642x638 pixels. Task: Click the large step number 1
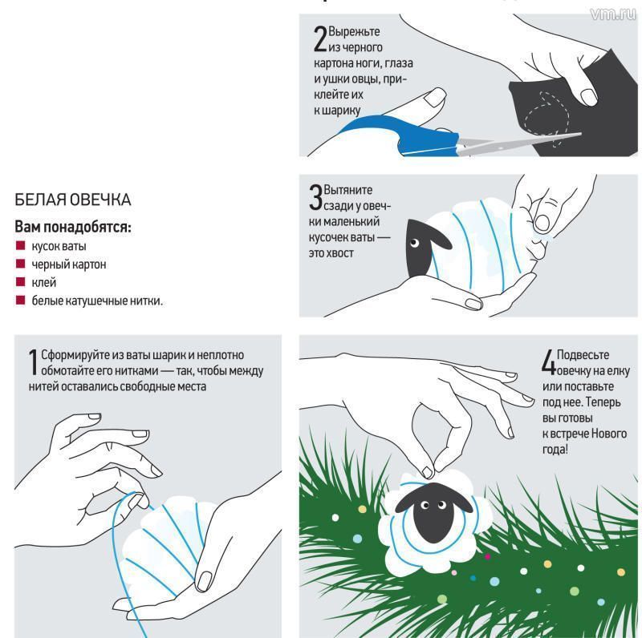point(33,361)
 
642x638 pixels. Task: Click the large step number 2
point(320,38)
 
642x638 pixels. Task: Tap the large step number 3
point(316,196)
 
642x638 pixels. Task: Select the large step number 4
point(548,361)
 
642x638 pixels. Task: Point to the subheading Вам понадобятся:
point(73,227)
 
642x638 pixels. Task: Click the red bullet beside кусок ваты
point(20,245)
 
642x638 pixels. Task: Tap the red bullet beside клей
point(20,282)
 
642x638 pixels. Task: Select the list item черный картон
point(69,264)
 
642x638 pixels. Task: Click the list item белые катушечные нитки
point(97,301)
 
